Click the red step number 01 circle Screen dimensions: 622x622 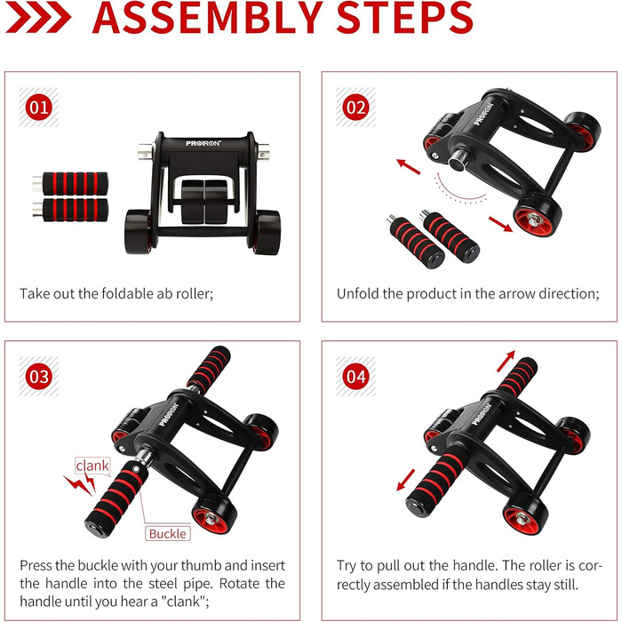point(39,108)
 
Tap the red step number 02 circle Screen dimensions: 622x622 point(355,108)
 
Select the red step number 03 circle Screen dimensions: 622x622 point(39,377)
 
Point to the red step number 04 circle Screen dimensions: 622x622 point(355,377)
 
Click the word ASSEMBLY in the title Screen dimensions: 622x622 point(207,18)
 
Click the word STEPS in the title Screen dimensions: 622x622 point(404,18)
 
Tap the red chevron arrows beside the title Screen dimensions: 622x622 point(38,17)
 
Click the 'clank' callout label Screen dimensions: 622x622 point(92,466)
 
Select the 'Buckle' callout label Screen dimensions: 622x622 point(167,533)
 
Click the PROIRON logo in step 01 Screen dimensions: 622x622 point(203,143)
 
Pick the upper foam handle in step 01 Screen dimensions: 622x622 point(70,183)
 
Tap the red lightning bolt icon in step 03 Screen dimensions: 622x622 point(81,484)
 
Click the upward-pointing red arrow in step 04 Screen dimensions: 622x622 point(506,361)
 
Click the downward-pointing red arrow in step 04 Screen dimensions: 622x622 point(406,480)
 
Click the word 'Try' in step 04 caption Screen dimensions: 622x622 point(346,566)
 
